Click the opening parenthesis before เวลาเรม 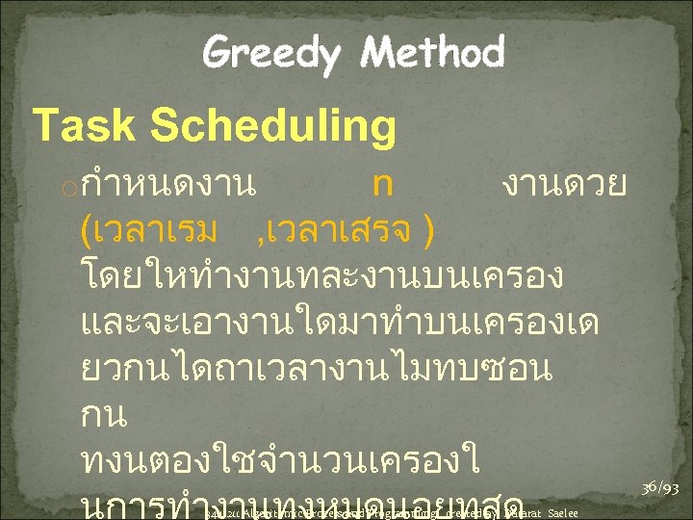(90, 231)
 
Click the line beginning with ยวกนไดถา (318, 370)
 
